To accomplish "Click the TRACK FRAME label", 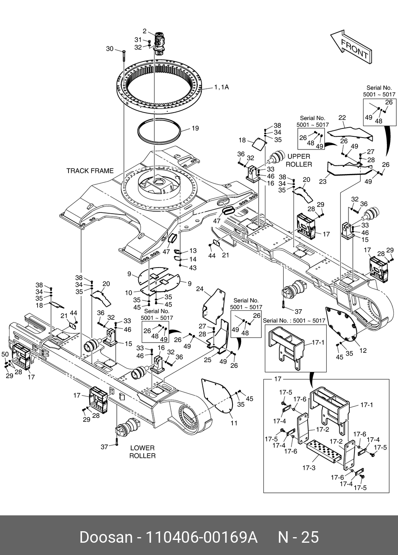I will coord(90,171).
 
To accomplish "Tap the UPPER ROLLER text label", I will coord(299,160).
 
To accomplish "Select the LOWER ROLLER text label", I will coord(142,452).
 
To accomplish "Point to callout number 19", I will coord(195,128).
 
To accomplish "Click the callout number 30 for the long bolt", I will coord(110,49).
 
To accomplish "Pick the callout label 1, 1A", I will coord(221,87).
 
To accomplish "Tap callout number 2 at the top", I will coord(145,31).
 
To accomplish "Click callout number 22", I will coord(342,117).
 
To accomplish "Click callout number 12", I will coord(363,350).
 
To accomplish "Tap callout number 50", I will coord(5,354).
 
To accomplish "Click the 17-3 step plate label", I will coord(308,468).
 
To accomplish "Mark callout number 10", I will coord(128,293).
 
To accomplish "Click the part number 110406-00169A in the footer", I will coord(202,537).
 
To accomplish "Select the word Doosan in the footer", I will coord(106,537).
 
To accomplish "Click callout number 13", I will coord(193,251).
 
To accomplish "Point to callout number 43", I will coord(193,268).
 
